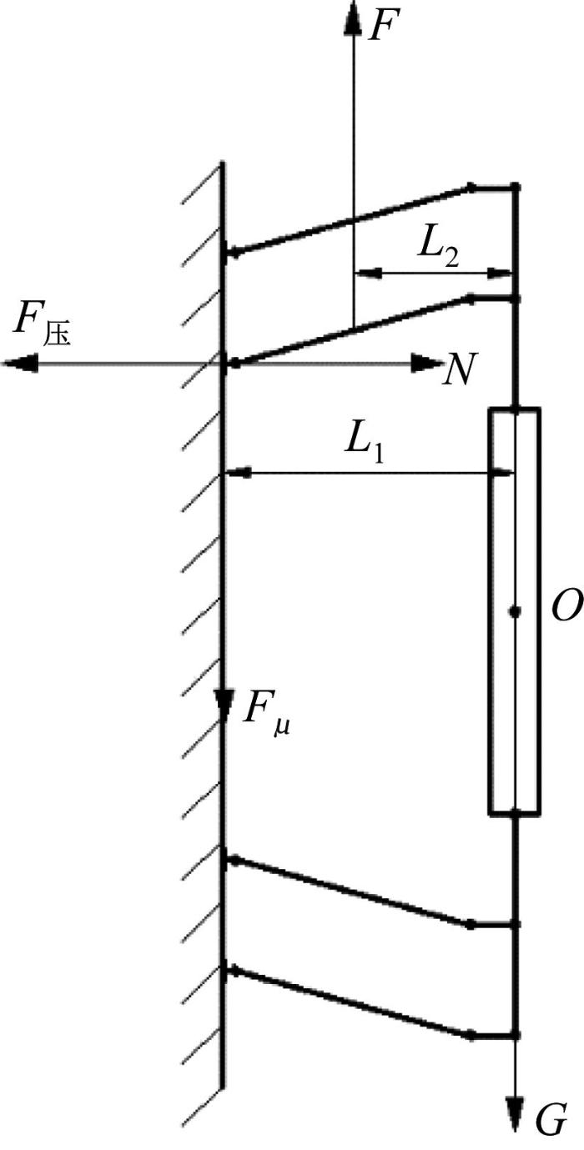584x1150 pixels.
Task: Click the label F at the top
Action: click(x=382, y=23)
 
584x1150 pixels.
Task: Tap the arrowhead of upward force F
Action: click(x=353, y=18)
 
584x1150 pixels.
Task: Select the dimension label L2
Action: click(x=438, y=252)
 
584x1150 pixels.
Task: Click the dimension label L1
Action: click(x=364, y=448)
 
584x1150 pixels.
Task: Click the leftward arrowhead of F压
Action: click(x=21, y=364)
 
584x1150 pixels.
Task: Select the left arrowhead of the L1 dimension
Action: click(x=239, y=473)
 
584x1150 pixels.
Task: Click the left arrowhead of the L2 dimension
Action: click(x=368, y=274)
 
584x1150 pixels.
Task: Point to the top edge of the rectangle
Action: click(x=514, y=409)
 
